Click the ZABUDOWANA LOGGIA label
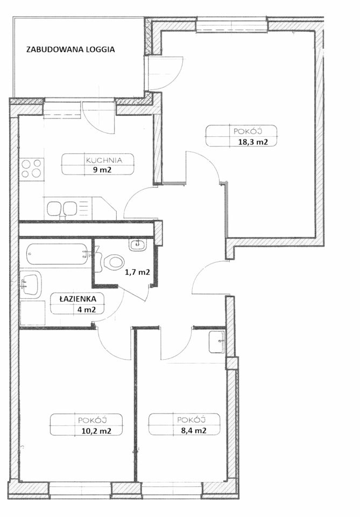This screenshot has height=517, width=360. [70, 50]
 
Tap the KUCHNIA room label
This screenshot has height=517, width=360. [104, 160]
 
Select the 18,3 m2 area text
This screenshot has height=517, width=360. [252, 142]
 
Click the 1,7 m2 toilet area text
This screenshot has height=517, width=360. [137, 273]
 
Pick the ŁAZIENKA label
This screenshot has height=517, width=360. [78, 299]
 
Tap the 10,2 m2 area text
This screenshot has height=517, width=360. [96, 431]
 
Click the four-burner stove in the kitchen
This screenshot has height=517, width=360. [32, 169]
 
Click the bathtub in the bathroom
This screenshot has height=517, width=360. [58, 254]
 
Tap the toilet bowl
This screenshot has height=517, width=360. [113, 262]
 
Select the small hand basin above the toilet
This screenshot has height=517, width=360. [137, 245]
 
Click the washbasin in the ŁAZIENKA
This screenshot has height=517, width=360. [30, 285]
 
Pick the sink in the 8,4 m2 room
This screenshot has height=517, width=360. [217, 341]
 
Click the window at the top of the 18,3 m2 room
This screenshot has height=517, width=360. [232, 24]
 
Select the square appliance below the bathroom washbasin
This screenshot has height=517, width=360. [32, 312]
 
